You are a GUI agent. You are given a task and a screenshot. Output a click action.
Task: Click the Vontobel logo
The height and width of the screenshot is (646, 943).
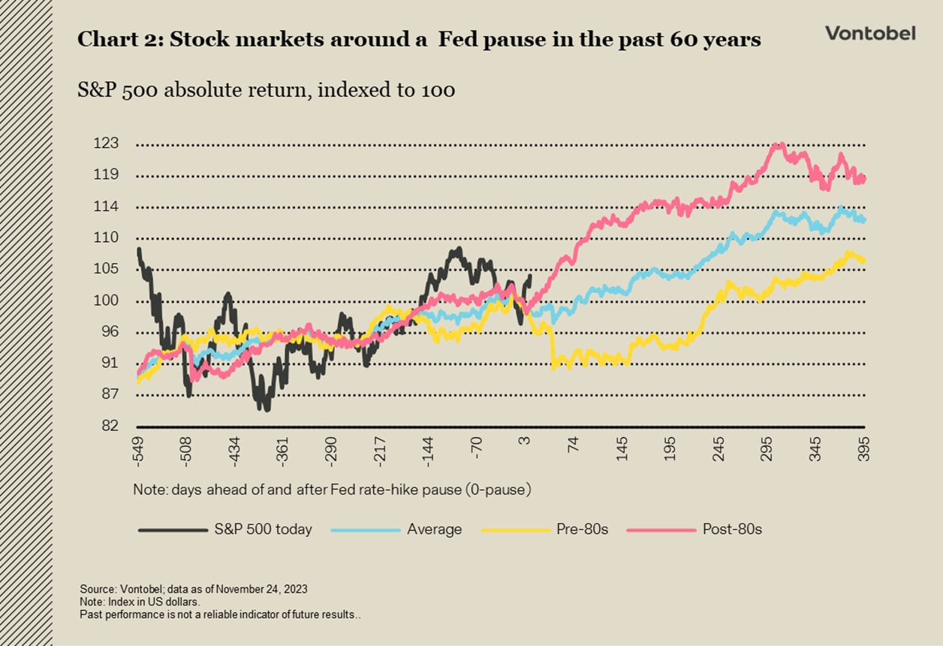870,33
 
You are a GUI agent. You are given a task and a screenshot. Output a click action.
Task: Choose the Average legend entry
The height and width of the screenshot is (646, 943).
434,530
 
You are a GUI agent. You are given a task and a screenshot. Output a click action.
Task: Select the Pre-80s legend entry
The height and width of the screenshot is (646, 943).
582,530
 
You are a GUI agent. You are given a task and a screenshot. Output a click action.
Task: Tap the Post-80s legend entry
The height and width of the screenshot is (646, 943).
732,530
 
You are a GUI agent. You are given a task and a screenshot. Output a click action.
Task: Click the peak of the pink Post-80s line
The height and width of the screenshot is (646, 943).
781,144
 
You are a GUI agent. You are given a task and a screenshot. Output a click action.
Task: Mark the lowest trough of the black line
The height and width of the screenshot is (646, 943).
266,409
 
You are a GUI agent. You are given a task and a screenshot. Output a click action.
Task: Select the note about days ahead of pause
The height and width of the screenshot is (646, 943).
332,490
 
